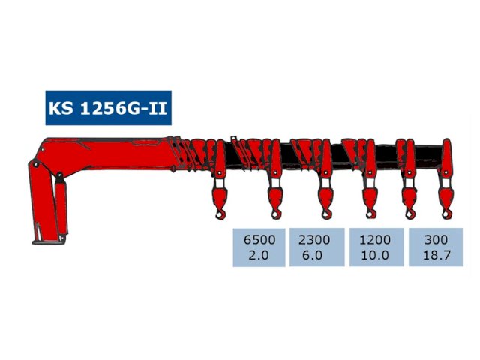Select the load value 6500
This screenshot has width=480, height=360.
pyautogui.click(x=259, y=240)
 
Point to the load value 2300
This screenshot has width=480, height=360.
pyautogui.click(x=316, y=240)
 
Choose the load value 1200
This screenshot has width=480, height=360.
pyautogui.click(x=375, y=240)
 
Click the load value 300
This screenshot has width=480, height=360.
pyautogui.click(x=435, y=240)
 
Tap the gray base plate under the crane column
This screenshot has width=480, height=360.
pyautogui.click(x=49, y=241)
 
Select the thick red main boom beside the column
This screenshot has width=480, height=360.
pyautogui.click(x=112, y=154)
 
